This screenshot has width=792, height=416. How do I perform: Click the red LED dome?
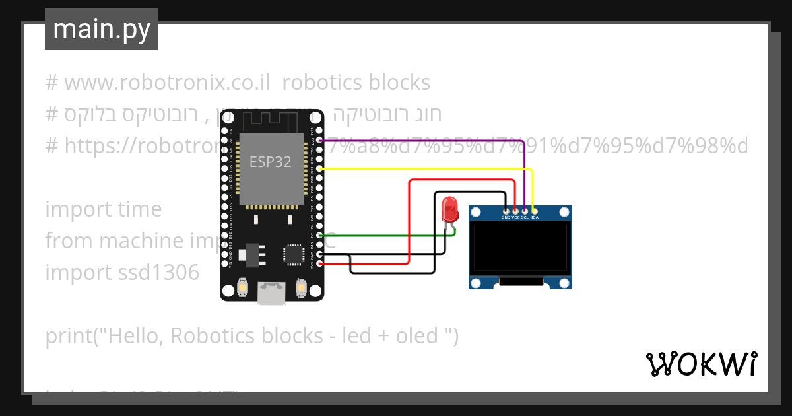[450, 209]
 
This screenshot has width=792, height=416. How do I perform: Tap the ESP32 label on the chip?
[270, 162]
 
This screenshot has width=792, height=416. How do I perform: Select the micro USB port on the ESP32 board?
[272, 293]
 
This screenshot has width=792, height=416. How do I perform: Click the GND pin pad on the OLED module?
[506, 211]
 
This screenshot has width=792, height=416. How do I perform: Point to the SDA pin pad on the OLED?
[534, 211]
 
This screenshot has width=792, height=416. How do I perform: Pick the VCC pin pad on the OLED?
[515, 211]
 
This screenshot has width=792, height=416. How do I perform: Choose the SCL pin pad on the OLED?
[525, 211]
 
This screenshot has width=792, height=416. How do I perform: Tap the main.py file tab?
[102, 29]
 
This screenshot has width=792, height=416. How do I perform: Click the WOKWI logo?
[701, 364]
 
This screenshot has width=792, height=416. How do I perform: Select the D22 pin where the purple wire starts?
[320, 140]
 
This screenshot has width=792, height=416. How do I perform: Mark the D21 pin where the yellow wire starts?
[320, 169]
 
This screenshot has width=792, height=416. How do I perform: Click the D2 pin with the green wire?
[320, 235]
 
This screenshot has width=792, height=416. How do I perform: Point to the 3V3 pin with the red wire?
[320, 264]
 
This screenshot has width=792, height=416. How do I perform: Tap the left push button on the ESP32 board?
[243, 289]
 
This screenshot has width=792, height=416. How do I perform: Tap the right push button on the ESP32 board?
[301, 289]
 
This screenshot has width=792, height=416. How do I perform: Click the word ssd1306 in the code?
[158, 272]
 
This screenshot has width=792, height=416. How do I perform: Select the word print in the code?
[68, 336]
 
